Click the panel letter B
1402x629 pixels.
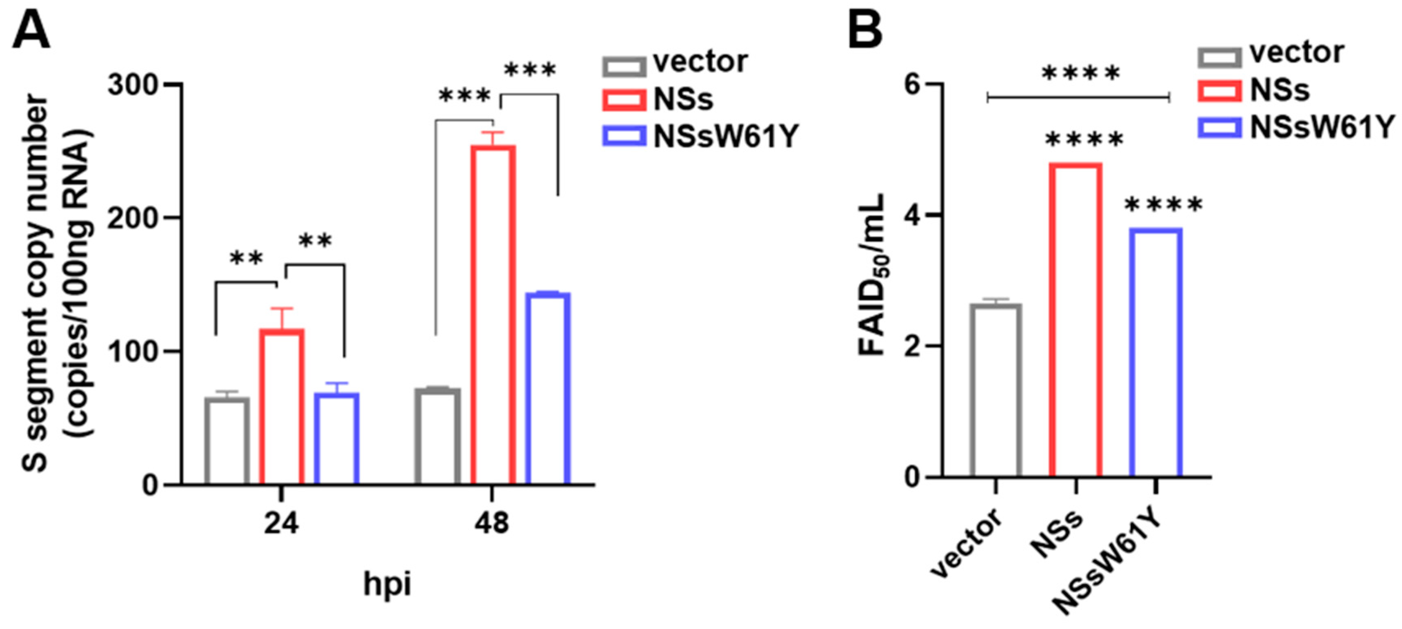pos(865,29)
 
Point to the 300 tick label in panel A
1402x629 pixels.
pos(132,85)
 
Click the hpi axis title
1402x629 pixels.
pos(387,585)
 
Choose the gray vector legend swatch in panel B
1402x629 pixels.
pos(1219,57)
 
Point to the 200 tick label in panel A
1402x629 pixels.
pos(132,218)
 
